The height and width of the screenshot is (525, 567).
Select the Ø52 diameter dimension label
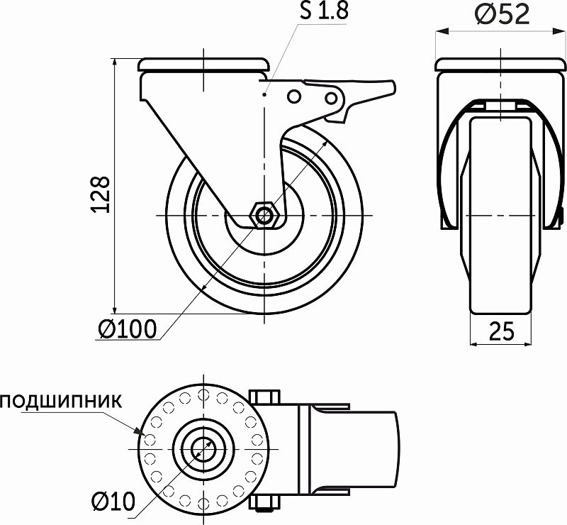(502, 14)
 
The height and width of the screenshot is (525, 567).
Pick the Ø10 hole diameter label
(113, 502)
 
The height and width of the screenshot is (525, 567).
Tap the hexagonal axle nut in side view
(265, 214)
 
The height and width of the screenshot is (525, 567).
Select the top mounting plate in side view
(204, 65)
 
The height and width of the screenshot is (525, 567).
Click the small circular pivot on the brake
(295, 96)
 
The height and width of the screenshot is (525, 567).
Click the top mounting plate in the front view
(501, 66)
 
